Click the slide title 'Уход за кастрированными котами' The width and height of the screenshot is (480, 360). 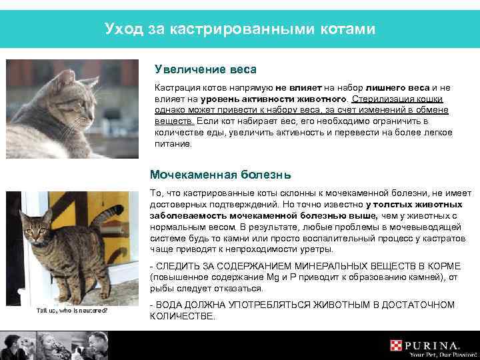pos(240,29)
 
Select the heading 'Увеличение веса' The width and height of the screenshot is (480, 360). pos(205,69)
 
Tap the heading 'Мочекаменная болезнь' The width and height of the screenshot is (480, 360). pos(220,175)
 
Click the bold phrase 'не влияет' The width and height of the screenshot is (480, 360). pos(297,87)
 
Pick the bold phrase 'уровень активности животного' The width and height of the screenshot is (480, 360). pos(232,99)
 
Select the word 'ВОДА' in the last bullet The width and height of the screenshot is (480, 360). pos(175,305)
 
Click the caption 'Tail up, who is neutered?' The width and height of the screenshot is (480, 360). pos(72,311)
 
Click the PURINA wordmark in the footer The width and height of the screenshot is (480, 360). pos(433,345)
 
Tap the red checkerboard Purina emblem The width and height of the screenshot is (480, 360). pos(397,345)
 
